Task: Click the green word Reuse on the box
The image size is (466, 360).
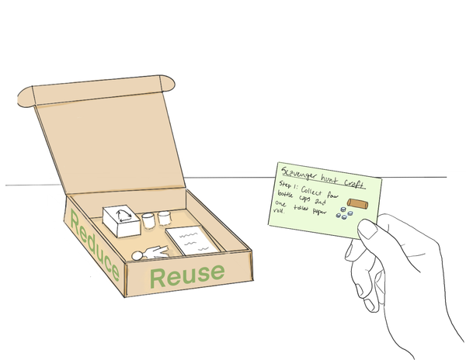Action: click(187, 275)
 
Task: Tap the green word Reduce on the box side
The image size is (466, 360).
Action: click(95, 245)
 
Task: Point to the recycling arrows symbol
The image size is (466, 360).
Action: click(123, 216)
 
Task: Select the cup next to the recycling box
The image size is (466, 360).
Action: click(148, 220)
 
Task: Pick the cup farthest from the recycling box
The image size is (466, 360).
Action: click(164, 217)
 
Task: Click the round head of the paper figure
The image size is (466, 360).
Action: click(137, 255)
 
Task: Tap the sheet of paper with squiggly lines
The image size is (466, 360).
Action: click(193, 240)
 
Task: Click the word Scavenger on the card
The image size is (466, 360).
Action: click(299, 174)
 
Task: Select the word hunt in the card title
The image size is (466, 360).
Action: click(330, 178)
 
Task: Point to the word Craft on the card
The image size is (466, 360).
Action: click(354, 183)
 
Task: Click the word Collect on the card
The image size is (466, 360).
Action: click(311, 191)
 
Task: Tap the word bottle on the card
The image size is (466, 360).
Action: click(285, 194)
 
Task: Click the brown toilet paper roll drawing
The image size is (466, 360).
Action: click(357, 203)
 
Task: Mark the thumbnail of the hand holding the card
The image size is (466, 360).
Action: click(368, 229)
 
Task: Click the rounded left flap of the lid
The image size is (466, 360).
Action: click(26, 96)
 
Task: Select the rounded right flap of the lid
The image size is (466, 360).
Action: click(167, 83)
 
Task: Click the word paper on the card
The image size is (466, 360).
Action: click(319, 212)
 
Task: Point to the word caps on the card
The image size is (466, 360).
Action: click(303, 199)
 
